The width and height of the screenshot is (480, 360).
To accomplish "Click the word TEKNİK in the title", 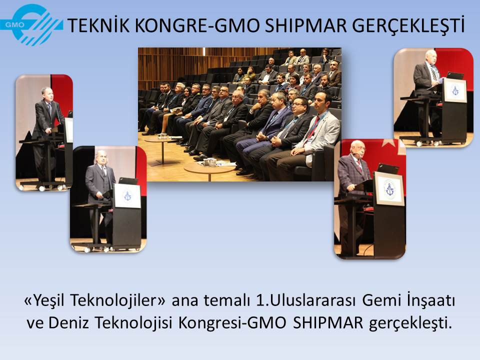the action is pyautogui.click(x=98, y=25).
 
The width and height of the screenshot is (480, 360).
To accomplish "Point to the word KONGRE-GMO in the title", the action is pyautogui.click(x=197, y=25).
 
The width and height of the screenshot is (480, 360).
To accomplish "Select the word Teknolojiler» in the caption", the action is pyautogui.click(x=118, y=300).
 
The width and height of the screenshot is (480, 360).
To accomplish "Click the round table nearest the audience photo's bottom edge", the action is pyautogui.click(x=209, y=169).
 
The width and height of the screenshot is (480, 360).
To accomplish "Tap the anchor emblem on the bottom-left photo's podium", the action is pyautogui.click(x=127, y=195).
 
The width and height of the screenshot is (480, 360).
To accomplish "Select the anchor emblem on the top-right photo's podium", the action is pyautogui.click(x=455, y=90).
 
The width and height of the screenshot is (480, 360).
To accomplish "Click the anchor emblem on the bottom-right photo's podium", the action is pyautogui.click(x=389, y=189).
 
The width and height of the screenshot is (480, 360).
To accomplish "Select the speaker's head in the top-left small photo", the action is pyautogui.click(x=47, y=94).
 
